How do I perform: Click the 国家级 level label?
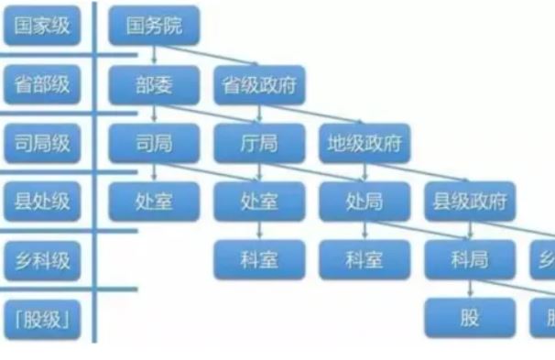coord(41,26)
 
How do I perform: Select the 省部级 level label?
coord(41,84)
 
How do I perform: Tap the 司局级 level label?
coord(41,142)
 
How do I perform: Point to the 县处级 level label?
coord(41,201)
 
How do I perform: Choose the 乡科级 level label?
coord(41,259)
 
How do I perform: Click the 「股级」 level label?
coord(41,318)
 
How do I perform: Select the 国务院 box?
coord(154,26)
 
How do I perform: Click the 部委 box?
coord(154,84)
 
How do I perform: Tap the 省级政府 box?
coord(260,84)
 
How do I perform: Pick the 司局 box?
coord(154,142)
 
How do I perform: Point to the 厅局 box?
coord(260,142)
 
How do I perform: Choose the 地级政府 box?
coord(365,142)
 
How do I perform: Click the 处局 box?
coord(365,201)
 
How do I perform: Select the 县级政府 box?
coord(470,201)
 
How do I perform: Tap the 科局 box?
coord(470,259)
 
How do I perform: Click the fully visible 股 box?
coord(470,318)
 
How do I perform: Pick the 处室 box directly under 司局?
coord(154,201)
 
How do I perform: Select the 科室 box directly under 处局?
coord(365,259)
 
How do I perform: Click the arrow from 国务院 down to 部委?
coord(154,55)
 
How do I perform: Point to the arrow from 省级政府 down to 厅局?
coord(260,114)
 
